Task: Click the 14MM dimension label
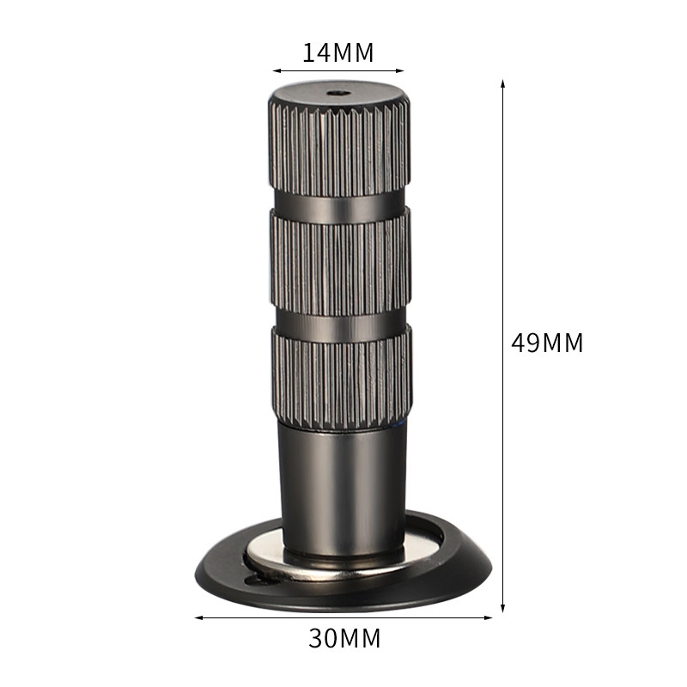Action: (x=337, y=52)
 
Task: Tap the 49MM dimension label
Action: (x=547, y=343)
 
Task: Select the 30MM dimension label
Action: (x=344, y=638)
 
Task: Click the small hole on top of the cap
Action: (x=339, y=93)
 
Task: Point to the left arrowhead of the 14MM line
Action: (x=277, y=70)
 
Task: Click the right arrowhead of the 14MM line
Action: (x=399, y=70)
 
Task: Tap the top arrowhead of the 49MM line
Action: (x=502, y=84)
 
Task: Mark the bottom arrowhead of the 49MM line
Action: (x=502, y=607)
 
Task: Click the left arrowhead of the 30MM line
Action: (x=199, y=617)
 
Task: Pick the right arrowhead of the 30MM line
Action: (x=488, y=617)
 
